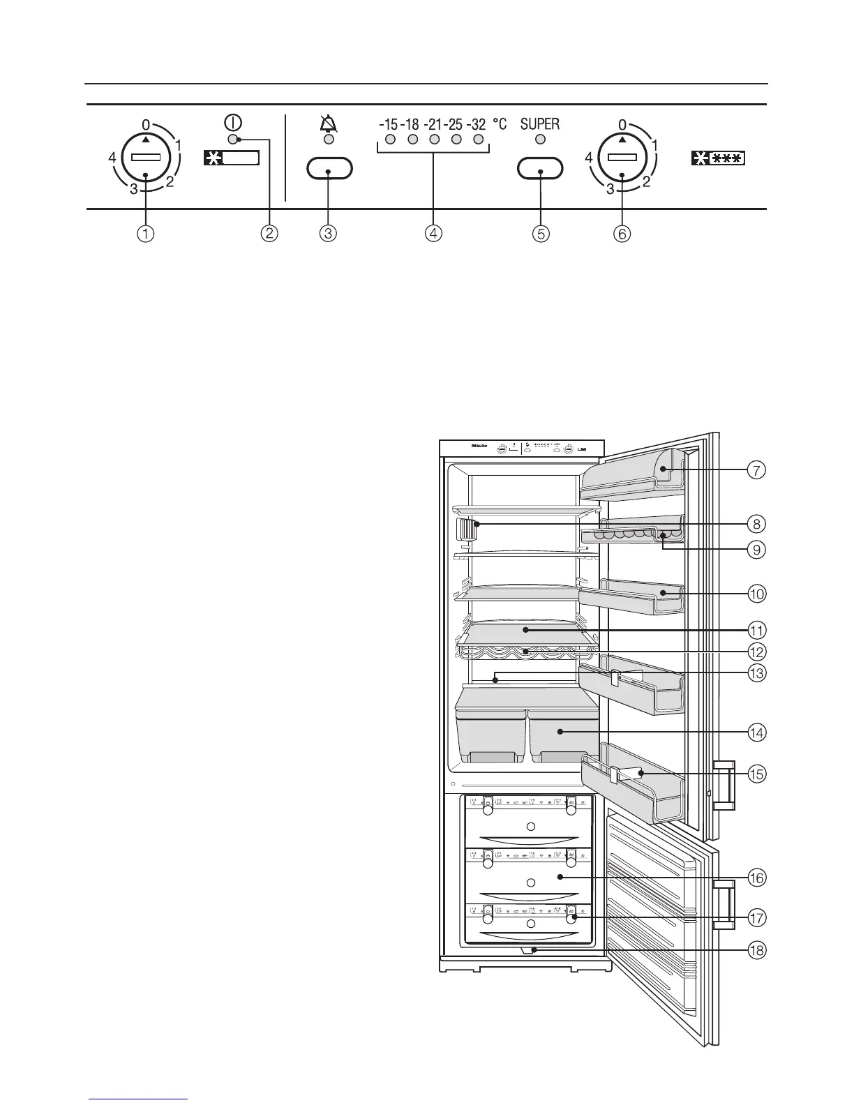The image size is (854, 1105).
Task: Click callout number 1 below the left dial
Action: coord(145,234)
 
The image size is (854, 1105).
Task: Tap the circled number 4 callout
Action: coord(433,234)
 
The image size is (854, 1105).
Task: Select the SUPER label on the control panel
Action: coord(540,124)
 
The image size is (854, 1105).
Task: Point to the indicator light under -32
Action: coord(479,140)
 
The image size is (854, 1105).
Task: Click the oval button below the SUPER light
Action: coord(540,169)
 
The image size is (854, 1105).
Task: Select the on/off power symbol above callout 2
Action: coord(233,122)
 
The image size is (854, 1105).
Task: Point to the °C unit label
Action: coord(500,124)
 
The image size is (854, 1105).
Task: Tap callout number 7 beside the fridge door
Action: coord(756,469)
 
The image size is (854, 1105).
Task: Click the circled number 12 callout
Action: coord(756,652)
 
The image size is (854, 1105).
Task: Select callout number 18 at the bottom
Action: coord(756,949)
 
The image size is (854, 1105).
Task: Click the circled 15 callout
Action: coord(756,773)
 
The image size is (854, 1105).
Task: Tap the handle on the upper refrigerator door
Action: coord(724,784)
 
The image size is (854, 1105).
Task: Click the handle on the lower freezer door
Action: coord(724,905)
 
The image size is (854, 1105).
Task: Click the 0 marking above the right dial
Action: coord(622,125)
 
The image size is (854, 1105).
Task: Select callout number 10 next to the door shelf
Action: coord(756,594)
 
